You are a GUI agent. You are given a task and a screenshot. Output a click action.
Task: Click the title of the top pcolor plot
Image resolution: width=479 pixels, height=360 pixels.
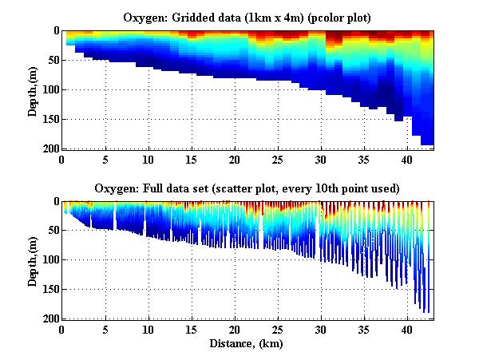pyautogui.click(x=249, y=17)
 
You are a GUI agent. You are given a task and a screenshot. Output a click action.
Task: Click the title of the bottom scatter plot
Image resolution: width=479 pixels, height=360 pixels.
pyautogui.click(x=249, y=188)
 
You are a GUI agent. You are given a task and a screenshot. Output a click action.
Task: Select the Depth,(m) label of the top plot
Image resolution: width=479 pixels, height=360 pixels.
pyautogui.click(x=33, y=89)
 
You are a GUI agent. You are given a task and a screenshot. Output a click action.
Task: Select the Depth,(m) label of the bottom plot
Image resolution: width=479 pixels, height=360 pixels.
pyautogui.click(x=33, y=260)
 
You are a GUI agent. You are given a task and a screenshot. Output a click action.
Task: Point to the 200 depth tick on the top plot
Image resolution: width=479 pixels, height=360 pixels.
pyautogui.click(x=49, y=148)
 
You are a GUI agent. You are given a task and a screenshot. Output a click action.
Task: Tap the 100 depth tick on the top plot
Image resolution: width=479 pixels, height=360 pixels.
pyautogui.click(x=49, y=89)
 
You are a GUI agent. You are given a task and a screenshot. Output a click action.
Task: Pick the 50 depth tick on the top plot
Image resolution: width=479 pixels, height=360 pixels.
pyautogui.click(x=52, y=60)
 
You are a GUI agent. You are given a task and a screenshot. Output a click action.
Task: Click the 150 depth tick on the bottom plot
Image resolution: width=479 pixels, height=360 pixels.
pyautogui.click(x=49, y=290)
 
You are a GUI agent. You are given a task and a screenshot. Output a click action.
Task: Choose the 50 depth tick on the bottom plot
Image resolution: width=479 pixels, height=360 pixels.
pyautogui.click(x=52, y=231)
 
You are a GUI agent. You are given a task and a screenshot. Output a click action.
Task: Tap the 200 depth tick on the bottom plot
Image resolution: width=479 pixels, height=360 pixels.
pyautogui.click(x=49, y=318)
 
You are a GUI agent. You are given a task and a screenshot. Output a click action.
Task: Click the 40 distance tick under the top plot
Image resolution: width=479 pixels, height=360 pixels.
pyautogui.click(x=406, y=158)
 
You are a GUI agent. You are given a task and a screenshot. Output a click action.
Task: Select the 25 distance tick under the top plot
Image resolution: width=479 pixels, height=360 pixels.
pyautogui.click(x=277, y=158)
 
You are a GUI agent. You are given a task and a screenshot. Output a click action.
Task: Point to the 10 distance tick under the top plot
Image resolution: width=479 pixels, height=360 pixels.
pyautogui.click(x=148, y=158)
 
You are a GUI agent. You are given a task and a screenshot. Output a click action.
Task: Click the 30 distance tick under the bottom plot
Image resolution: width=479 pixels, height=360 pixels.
pyautogui.click(x=320, y=329)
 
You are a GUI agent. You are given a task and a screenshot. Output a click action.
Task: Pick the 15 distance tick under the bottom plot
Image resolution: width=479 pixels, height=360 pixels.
pyautogui.click(x=191, y=329)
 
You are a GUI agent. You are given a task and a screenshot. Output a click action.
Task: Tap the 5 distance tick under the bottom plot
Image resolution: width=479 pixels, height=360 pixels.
pyautogui.click(x=105, y=329)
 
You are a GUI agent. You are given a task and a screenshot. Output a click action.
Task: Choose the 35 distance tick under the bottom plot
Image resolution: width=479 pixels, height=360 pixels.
pyautogui.click(x=363, y=329)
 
